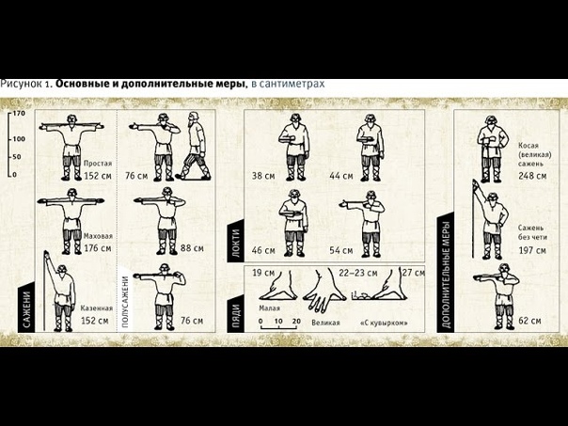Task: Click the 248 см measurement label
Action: point(532,176)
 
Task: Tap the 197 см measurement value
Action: point(532,250)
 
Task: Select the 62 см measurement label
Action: point(529,321)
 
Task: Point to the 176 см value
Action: point(98,248)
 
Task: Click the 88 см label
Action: point(192,248)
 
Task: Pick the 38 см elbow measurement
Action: point(263,176)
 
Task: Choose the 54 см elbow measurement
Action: point(340,250)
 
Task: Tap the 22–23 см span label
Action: point(358,273)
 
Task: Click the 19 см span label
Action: point(263,273)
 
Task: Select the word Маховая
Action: point(98,236)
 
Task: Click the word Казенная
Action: point(96,308)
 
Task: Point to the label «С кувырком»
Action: point(384,323)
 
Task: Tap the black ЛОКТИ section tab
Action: point(235,242)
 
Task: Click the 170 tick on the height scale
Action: point(19,114)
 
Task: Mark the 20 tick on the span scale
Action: point(296,321)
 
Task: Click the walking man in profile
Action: point(194,146)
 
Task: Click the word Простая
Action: point(98,164)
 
